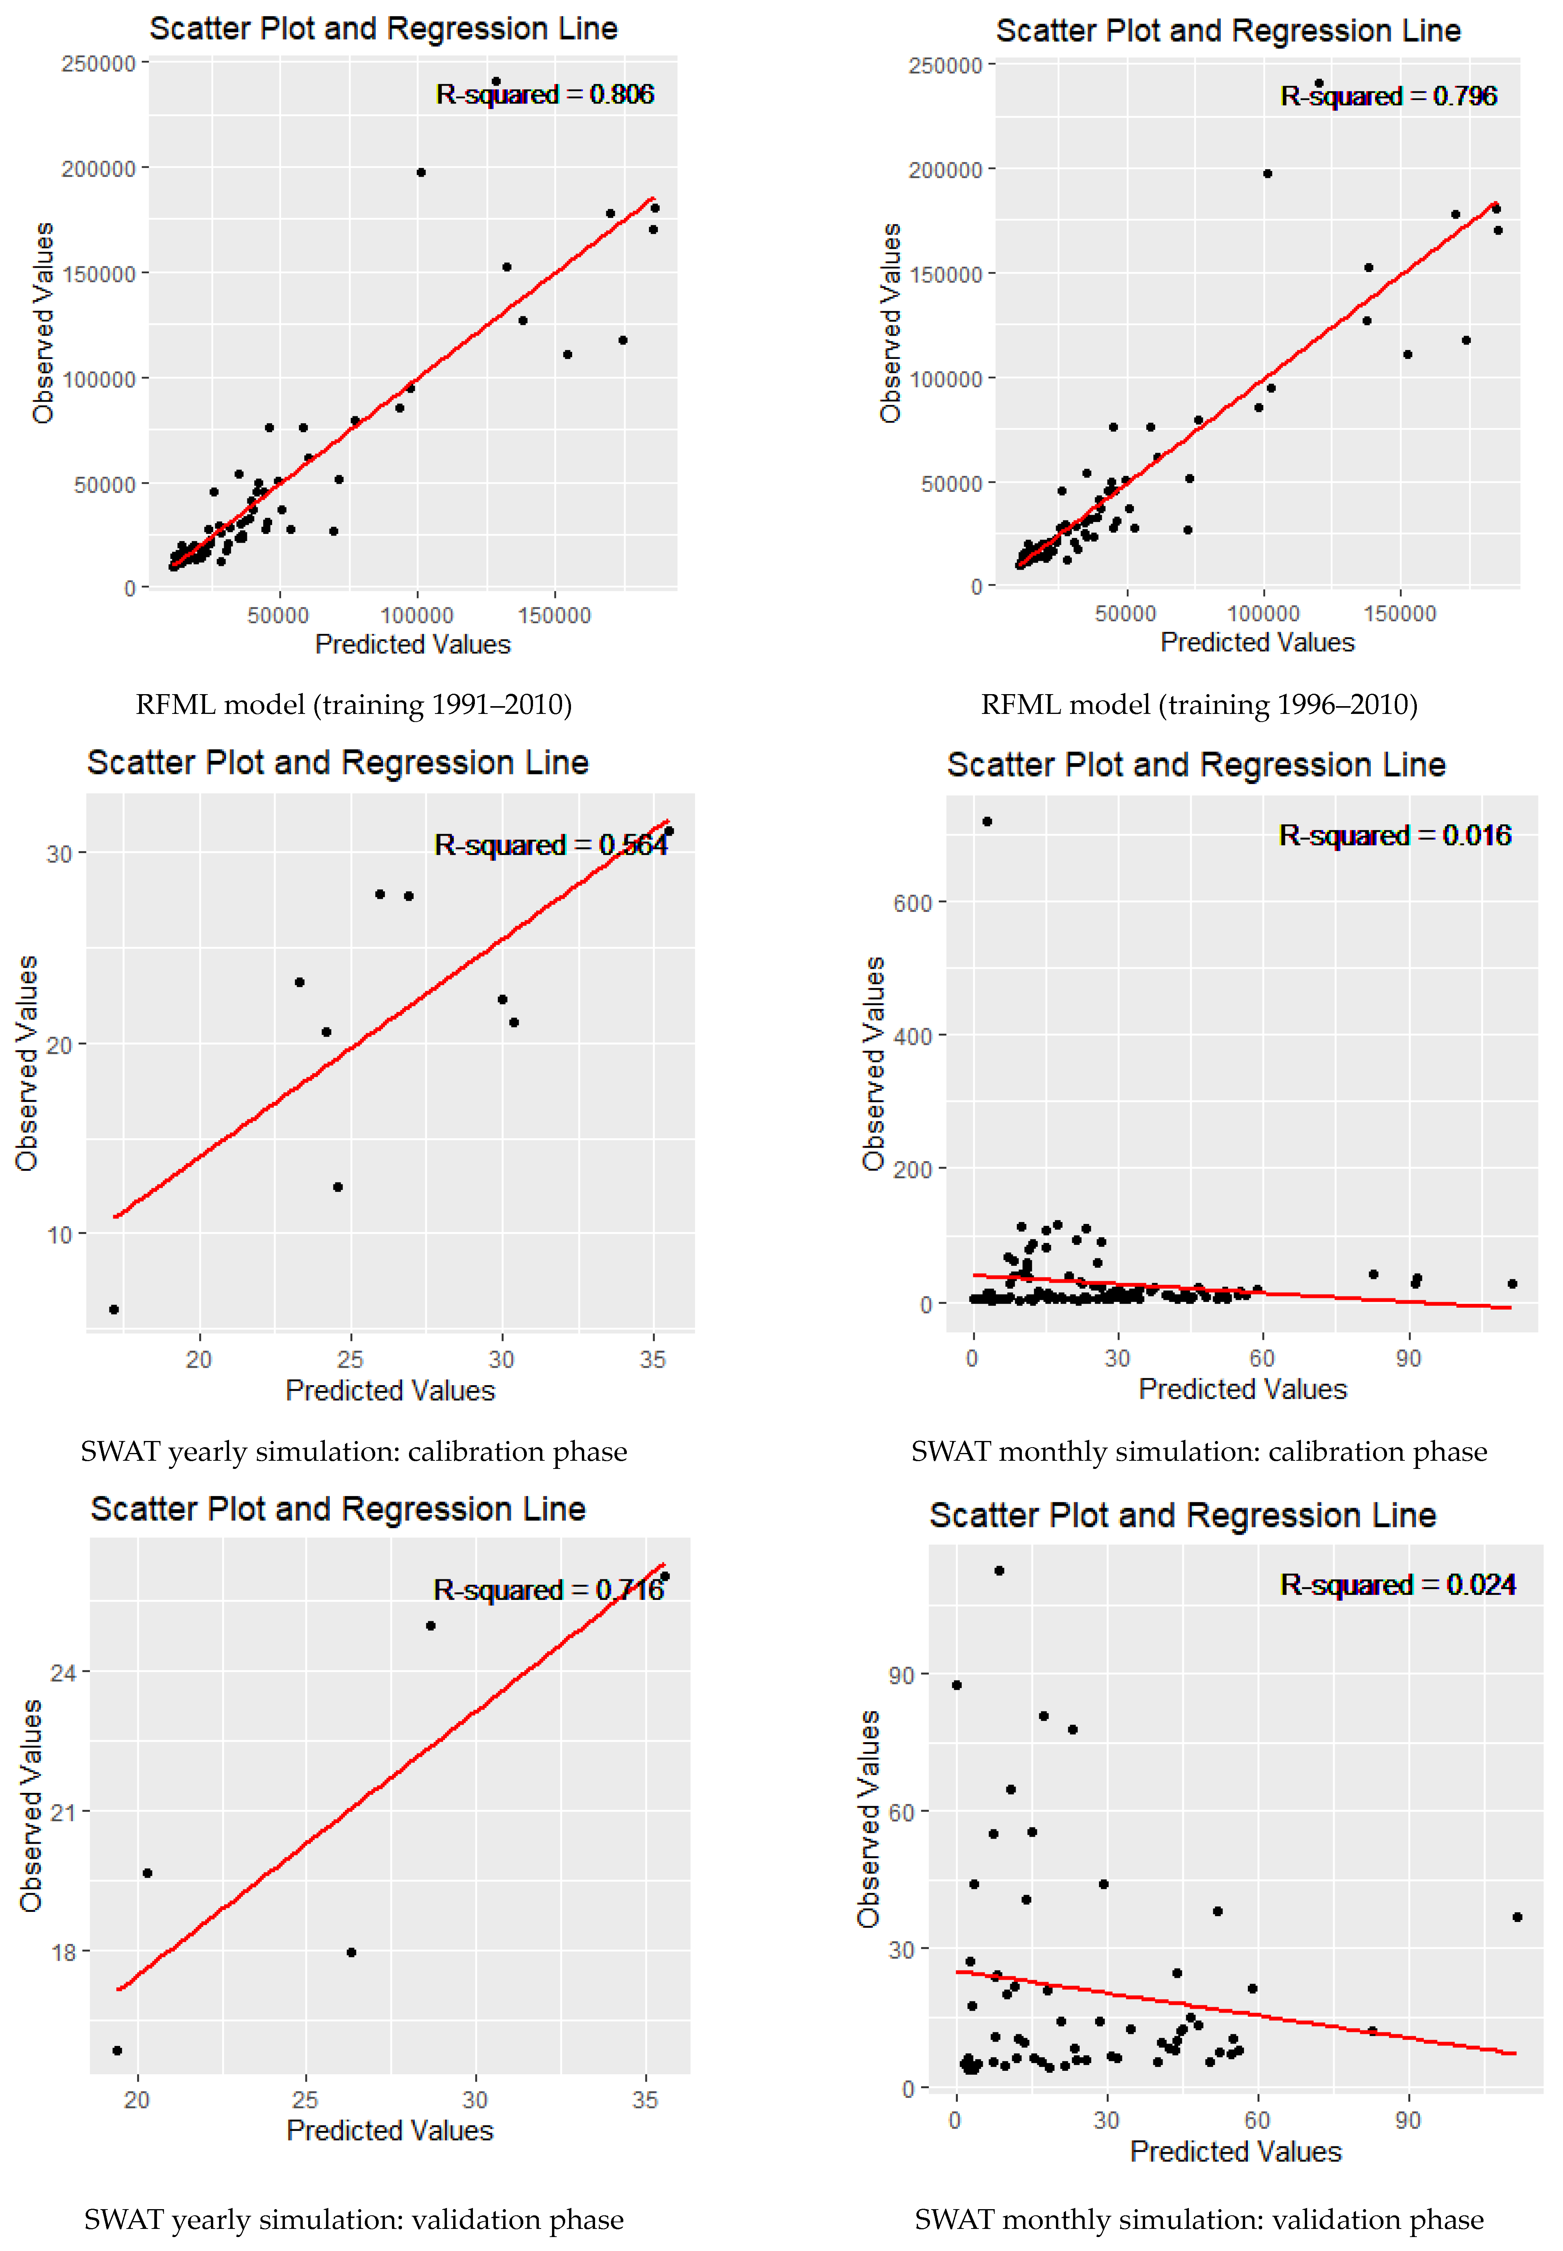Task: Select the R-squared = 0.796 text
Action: click(x=1389, y=96)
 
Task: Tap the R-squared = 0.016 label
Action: click(x=1394, y=835)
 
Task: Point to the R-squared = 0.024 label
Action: click(x=1397, y=1584)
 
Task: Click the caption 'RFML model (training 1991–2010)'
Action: click(x=354, y=705)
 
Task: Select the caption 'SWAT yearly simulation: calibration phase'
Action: click(x=354, y=1451)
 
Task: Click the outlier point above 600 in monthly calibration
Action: click(x=987, y=822)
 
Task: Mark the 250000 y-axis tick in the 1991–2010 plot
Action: click(x=98, y=64)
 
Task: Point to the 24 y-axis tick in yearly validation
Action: click(x=63, y=1672)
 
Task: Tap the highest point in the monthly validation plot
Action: click(x=999, y=1570)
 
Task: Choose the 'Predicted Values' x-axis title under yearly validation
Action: click(x=390, y=2130)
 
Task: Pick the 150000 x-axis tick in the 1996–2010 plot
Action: click(x=1401, y=614)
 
